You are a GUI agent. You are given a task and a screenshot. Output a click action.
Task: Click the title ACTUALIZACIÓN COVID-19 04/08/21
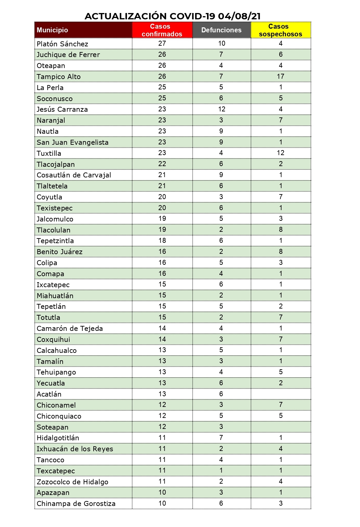[173, 16]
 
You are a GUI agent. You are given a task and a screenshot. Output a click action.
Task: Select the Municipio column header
[52, 30]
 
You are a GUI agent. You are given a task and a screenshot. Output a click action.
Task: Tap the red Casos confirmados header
[162, 30]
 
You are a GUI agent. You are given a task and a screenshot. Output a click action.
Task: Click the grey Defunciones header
[221, 30]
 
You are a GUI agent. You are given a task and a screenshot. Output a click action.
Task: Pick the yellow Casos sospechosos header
[280, 30]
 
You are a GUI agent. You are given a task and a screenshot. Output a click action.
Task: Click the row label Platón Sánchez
[63, 44]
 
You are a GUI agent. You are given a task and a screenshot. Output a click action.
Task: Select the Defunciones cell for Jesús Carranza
[222, 109]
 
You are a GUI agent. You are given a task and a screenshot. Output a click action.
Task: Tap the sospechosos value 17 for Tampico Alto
[280, 76]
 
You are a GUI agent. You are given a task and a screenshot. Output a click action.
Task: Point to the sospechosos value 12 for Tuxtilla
[280, 153]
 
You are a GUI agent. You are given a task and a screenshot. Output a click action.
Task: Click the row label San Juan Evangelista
[73, 142]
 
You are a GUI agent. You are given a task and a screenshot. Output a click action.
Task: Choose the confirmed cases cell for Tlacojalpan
[162, 164]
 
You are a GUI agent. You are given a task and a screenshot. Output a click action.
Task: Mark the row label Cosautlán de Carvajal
[74, 175]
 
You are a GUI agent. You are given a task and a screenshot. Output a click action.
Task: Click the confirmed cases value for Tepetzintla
[162, 240]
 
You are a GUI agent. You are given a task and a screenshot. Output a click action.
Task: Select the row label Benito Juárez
[60, 251]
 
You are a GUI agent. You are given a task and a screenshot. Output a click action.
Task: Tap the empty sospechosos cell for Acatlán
[280, 394]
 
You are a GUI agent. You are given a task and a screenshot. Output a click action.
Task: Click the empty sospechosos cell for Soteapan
[280, 427]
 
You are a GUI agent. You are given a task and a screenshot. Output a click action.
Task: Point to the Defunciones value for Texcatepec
[221, 470]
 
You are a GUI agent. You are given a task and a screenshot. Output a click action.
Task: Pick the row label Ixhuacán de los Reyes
[75, 449]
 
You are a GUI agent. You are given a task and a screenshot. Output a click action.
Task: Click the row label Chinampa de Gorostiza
[76, 503]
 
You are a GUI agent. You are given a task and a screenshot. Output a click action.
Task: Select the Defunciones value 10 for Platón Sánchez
[222, 43]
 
